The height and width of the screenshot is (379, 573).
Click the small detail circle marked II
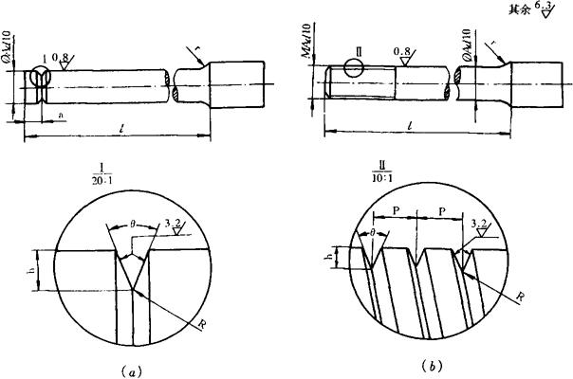tap(355, 67)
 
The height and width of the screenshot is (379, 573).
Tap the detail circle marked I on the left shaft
tap(40, 81)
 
